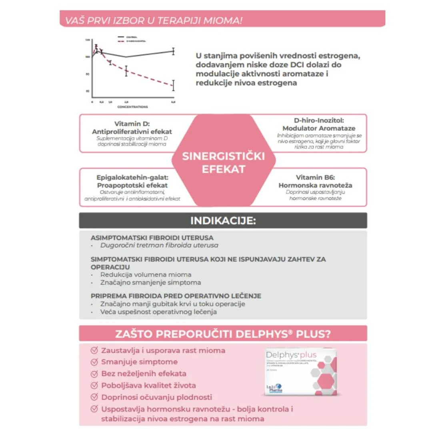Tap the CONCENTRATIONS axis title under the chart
click(x=132, y=107)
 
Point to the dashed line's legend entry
click(x=132, y=41)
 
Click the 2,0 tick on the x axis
click(x=126, y=102)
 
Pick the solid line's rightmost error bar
click(x=173, y=51)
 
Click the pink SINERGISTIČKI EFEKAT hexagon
click(x=223, y=162)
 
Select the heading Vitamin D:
click(x=132, y=124)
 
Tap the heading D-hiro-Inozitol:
click(x=319, y=120)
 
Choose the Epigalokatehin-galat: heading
click(x=132, y=177)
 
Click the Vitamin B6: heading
click(x=315, y=177)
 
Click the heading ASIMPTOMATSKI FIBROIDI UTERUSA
click(x=152, y=238)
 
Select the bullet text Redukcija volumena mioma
click(x=146, y=275)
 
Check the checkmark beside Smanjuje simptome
click(x=94, y=362)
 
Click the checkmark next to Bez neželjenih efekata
click(x=94, y=374)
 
